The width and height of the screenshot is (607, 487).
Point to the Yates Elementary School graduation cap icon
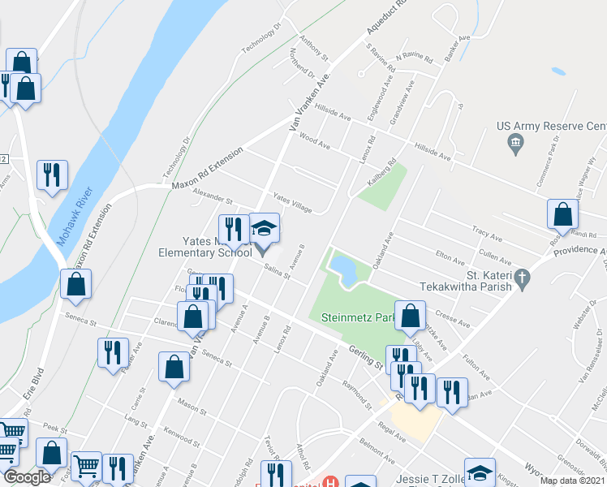(264, 228)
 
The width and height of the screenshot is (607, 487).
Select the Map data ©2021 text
(572, 481)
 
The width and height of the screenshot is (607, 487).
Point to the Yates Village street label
(292, 203)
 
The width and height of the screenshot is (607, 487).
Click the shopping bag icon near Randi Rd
(562, 216)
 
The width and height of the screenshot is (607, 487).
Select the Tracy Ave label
(487, 234)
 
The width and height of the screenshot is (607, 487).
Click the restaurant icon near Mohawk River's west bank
(52, 175)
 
